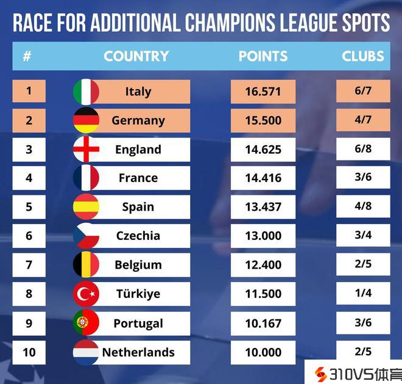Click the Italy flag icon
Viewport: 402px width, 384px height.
(86, 92)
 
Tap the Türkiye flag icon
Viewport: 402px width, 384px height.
(86, 294)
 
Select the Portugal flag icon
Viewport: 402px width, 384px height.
(86, 323)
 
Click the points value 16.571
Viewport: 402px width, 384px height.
(263, 92)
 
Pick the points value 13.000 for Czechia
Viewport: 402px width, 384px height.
(263, 236)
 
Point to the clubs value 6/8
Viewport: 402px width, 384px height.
(363, 149)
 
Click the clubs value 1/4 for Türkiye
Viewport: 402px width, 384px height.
(363, 293)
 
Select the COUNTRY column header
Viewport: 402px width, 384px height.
(136, 56)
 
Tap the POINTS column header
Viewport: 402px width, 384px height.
(263, 56)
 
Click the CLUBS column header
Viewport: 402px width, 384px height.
(363, 56)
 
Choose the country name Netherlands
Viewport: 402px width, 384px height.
(138, 352)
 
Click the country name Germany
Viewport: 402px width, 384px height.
(138, 120)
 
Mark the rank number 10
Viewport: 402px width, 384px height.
(29, 352)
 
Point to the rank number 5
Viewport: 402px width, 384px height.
(29, 207)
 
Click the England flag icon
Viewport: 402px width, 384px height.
(86, 150)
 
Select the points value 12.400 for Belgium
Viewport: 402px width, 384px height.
(263, 265)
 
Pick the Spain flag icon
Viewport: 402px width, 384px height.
(86, 207)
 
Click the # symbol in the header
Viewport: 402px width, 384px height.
(27, 56)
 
